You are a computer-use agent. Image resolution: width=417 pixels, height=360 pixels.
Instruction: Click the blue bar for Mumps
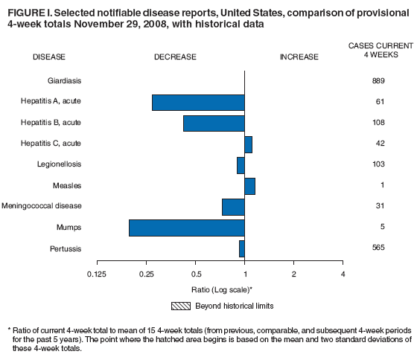coord(186,228)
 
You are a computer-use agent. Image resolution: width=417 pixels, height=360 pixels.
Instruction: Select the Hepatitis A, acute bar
coord(198,103)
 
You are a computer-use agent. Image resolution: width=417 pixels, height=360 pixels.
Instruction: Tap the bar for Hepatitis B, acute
coord(214,123)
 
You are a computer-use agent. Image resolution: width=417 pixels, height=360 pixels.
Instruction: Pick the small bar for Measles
coord(249,186)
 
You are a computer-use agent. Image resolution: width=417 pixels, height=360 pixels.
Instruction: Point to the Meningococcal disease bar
coord(233,207)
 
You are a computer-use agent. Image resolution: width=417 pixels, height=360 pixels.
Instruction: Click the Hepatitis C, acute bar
coord(248,144)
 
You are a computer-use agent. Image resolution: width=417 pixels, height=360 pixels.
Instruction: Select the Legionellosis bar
coord(241,165)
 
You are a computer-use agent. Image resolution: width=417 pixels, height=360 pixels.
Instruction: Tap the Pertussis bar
coord(241,248)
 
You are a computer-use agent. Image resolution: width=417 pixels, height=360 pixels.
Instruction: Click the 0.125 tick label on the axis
coord(98,274)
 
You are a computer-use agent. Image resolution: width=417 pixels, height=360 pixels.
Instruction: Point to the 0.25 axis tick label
coord(147,274)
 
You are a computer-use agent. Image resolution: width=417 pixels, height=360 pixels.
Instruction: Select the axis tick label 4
coord(343,274)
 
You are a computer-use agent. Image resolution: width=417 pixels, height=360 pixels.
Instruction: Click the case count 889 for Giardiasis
coord(378,80)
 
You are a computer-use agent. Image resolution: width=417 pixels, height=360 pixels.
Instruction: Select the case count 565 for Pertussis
coord(378,247)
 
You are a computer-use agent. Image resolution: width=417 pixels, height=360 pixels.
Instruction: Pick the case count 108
coord(378,122)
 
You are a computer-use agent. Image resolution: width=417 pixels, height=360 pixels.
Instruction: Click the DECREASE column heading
coord(175,57)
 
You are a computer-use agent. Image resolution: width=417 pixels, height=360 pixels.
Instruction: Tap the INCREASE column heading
coord(299,57)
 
